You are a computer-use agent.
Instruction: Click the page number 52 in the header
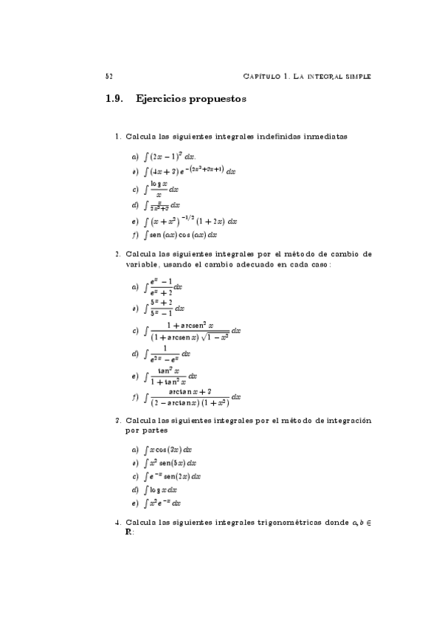coord(108,76)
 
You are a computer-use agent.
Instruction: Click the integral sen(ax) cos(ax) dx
coord(181,235)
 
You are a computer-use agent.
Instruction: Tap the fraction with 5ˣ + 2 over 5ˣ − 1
coord(163,306)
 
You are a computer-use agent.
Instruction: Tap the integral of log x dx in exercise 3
coord(162,489)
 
